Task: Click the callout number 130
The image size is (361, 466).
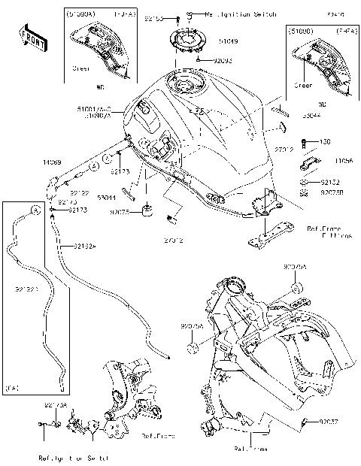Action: click(326, 141)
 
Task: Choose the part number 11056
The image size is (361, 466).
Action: click(344, 161)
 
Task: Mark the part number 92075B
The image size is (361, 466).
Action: click(333, 192)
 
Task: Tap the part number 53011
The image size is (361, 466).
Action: click(107, 197)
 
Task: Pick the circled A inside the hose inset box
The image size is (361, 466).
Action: click(35, 210)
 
